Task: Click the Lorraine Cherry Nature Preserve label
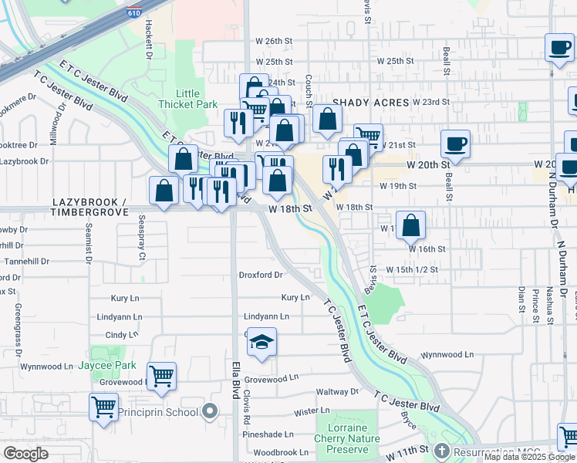click(347, 439)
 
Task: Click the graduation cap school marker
click(262, 343)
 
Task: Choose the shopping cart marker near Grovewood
click(162, 377)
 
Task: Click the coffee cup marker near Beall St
click(455, 144)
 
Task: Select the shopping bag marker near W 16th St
click(412, 225)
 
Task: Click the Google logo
click(25, 454)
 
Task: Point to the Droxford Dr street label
click(261, 274)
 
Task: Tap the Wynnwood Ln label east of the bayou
click(447, 355)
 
